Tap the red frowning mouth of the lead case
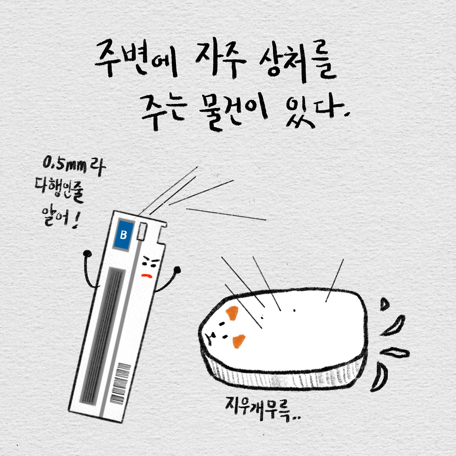pyautogui.click(x=147, y=276)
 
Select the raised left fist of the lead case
pyautogui.click(x=88, y=254)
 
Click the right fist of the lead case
pyautogui.click(x=177, y=270)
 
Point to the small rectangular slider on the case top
pyautogui.click(x=142, y=231)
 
